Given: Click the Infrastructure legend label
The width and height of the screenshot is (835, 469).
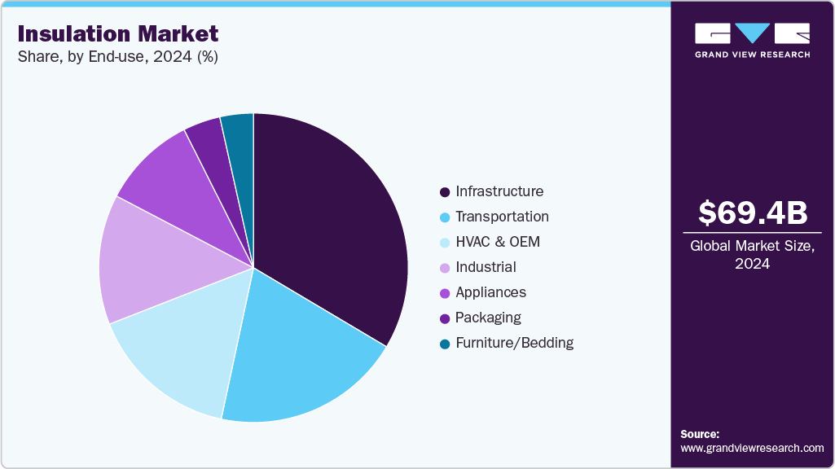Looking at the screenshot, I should (499, 191).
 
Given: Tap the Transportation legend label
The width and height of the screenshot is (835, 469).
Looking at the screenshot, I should (502, 217).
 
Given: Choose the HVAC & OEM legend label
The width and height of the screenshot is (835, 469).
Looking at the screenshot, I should (497, 242).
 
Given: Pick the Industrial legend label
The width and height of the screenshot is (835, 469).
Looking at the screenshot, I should (486, 267).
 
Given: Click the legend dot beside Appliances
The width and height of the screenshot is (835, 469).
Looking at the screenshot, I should (445, 293).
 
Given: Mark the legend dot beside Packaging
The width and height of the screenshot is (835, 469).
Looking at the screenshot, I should (445, 318).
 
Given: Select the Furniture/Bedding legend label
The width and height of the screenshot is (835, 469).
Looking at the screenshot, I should (514, 343).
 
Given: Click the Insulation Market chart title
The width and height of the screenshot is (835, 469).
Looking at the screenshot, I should (118, 33).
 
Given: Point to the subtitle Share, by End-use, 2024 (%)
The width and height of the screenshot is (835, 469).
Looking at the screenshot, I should (117, 57).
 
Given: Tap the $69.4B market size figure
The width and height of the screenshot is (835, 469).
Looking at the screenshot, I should (753, 213).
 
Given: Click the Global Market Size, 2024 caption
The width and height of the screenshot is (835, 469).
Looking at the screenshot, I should (752, 255).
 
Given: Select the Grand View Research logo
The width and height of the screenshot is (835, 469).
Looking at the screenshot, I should (752, 40).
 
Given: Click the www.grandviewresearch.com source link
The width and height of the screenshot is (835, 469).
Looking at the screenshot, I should (752, 448).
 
